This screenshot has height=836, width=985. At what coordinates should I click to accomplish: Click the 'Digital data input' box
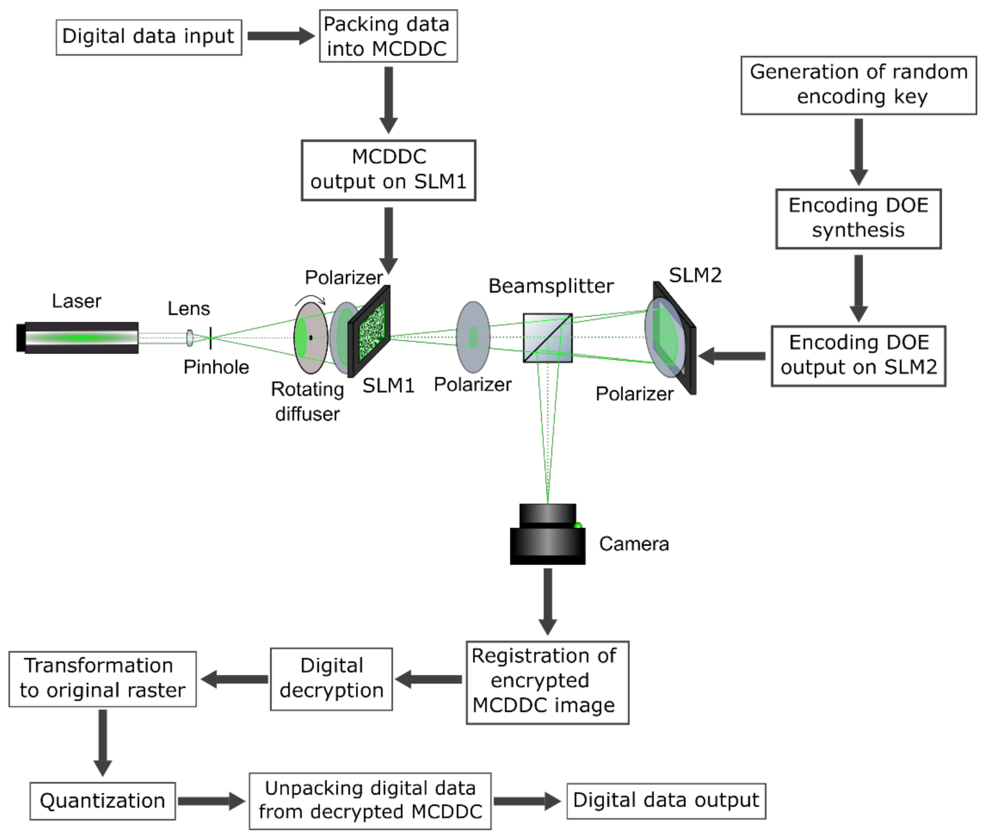(x=148, y=37)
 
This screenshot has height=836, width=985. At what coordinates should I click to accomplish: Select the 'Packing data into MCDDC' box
(x=388, y=36)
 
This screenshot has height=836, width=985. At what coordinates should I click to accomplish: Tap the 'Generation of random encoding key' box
(x=858, y=85)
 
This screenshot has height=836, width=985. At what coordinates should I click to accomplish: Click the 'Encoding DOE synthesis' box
(x=858, y=219)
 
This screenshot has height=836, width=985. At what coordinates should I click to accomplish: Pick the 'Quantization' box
(x=102, y=800)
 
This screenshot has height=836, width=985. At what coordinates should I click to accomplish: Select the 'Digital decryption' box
(x=331, y=679)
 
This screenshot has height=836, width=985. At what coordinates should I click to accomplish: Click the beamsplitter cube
(x=547, y=337)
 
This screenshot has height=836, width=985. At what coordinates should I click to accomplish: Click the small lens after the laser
(x=189, y=337)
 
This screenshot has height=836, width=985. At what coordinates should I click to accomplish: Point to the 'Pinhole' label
(x=216, y=367)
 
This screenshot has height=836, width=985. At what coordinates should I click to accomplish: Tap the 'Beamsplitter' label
(x=551, y=286)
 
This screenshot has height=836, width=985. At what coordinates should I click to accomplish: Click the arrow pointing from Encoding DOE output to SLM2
(x=732, y=356)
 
